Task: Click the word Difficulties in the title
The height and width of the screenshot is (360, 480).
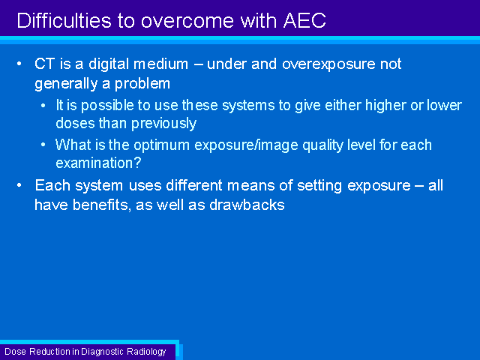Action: coord(64,20)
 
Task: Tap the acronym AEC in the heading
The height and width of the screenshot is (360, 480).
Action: coord(304,20)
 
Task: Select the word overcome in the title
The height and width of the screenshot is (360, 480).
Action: coord(187,22)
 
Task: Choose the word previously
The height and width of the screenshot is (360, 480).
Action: coord(163,124)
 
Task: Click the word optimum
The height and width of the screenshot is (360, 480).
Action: coord(162,145)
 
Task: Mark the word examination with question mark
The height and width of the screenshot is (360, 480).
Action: coord(98,163)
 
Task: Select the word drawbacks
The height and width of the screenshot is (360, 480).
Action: coord(247,205)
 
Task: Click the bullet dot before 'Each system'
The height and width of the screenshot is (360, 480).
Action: coord(19,185)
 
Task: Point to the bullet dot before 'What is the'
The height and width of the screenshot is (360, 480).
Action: coord(43,145)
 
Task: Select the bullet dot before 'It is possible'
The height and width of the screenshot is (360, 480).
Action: coord(43,106)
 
